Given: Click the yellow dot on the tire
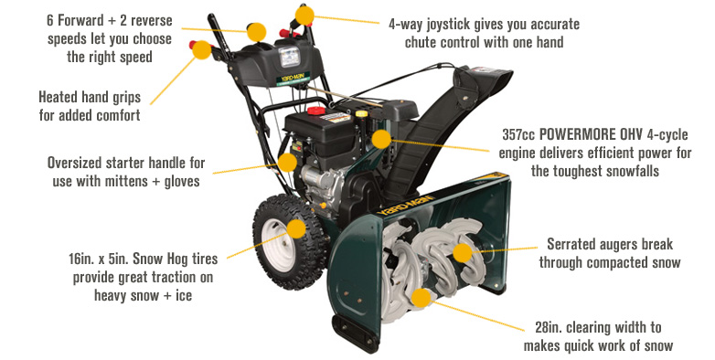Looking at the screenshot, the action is pyautogui.click(x=296, y=228).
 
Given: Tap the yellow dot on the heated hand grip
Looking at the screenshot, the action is pyautogui.click(x=201, y=49).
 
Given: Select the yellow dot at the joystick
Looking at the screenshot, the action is pyautogui.click(x=304, y=16).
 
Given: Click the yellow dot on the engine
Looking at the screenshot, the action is pyautogui.click(x=381, y=139).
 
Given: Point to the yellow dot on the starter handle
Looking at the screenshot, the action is pyautogui.click(x=287, y=163).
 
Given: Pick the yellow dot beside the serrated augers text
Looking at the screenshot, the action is pyautogui.click(x=463, y=253).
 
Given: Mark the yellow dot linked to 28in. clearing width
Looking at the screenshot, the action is pyautogui.click(x=421, y=298).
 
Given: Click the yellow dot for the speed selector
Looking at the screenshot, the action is pyautogui.click(x=256, y=32).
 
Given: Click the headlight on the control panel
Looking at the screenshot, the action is pyautogui.click(x=290, y=57).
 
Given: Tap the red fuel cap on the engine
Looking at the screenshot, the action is pyautogui.click(x=316, y=111).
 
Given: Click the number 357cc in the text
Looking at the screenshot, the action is pyautogui.click(x=518, y=134).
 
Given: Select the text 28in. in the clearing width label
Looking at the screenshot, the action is pyautogui.click(x=550, y=327).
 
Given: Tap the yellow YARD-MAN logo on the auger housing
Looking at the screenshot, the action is pyautogui.click(x=404, y=205).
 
